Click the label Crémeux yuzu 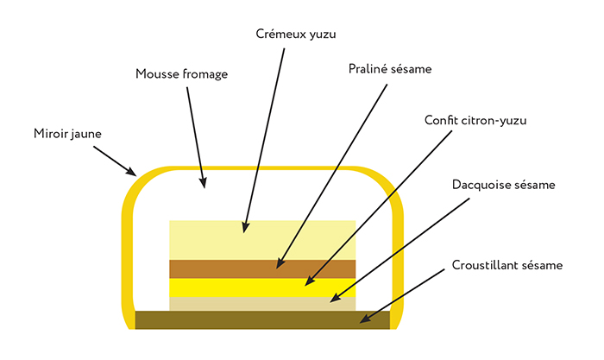point(296,35)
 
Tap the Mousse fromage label point(181,74)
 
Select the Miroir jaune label point(67,134)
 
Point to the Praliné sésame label point(390,69)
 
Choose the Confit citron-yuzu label point(475,121)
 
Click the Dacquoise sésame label point(503,185)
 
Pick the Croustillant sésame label point(507,265)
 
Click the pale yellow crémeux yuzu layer point(262,240)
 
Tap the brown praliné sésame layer point(262,269)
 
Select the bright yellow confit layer point(262,287)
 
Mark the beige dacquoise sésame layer point(262,304)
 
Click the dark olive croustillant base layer point(262,320)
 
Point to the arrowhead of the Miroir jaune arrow point(132,172)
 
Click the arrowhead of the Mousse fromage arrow point(203,183)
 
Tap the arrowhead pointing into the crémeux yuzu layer point(245,227)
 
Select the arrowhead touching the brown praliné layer point(280,263)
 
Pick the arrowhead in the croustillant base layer point(364,318)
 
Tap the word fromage point(205,75)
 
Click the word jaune point(86,135)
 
